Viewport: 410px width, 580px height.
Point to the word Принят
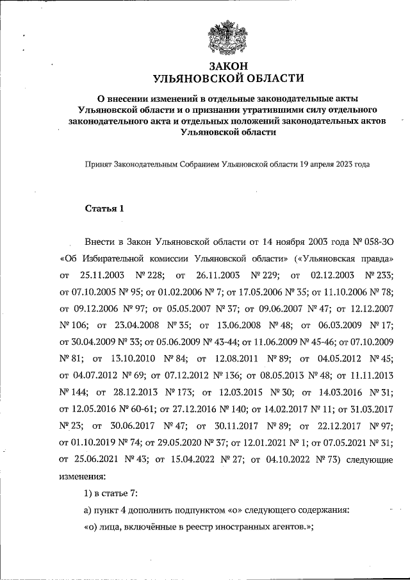98,164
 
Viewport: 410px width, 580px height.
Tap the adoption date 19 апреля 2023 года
335,164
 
